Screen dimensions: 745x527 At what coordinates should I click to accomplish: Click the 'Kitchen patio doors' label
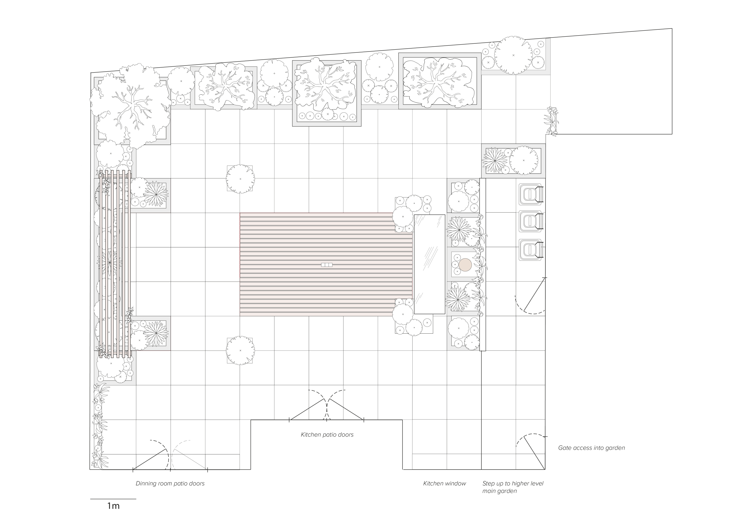tap(327, 434)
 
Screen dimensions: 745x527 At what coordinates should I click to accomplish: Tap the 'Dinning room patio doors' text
tap(170, 484)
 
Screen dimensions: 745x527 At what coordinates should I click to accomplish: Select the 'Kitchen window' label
tap(445, 484)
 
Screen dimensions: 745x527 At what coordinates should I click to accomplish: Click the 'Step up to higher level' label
tap(513, 484)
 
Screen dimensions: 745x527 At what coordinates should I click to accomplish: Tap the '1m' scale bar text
tap(113, 506)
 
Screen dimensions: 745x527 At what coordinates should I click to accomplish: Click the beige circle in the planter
tap(465, 265)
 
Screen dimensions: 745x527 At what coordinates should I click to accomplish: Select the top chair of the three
tap(531, 194)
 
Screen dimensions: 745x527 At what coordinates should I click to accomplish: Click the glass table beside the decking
tap(430, 264)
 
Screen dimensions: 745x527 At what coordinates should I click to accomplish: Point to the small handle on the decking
tap(327, 265)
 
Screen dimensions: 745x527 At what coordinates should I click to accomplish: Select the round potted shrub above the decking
tap(240, 179)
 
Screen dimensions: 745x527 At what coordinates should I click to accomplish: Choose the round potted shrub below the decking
tap(240, 350)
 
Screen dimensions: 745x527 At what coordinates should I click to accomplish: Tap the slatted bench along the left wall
tap(115, 264)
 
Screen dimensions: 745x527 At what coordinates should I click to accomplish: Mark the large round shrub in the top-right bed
tap(513, 55)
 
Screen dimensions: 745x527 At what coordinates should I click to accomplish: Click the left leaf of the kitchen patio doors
tap(307, 409)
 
